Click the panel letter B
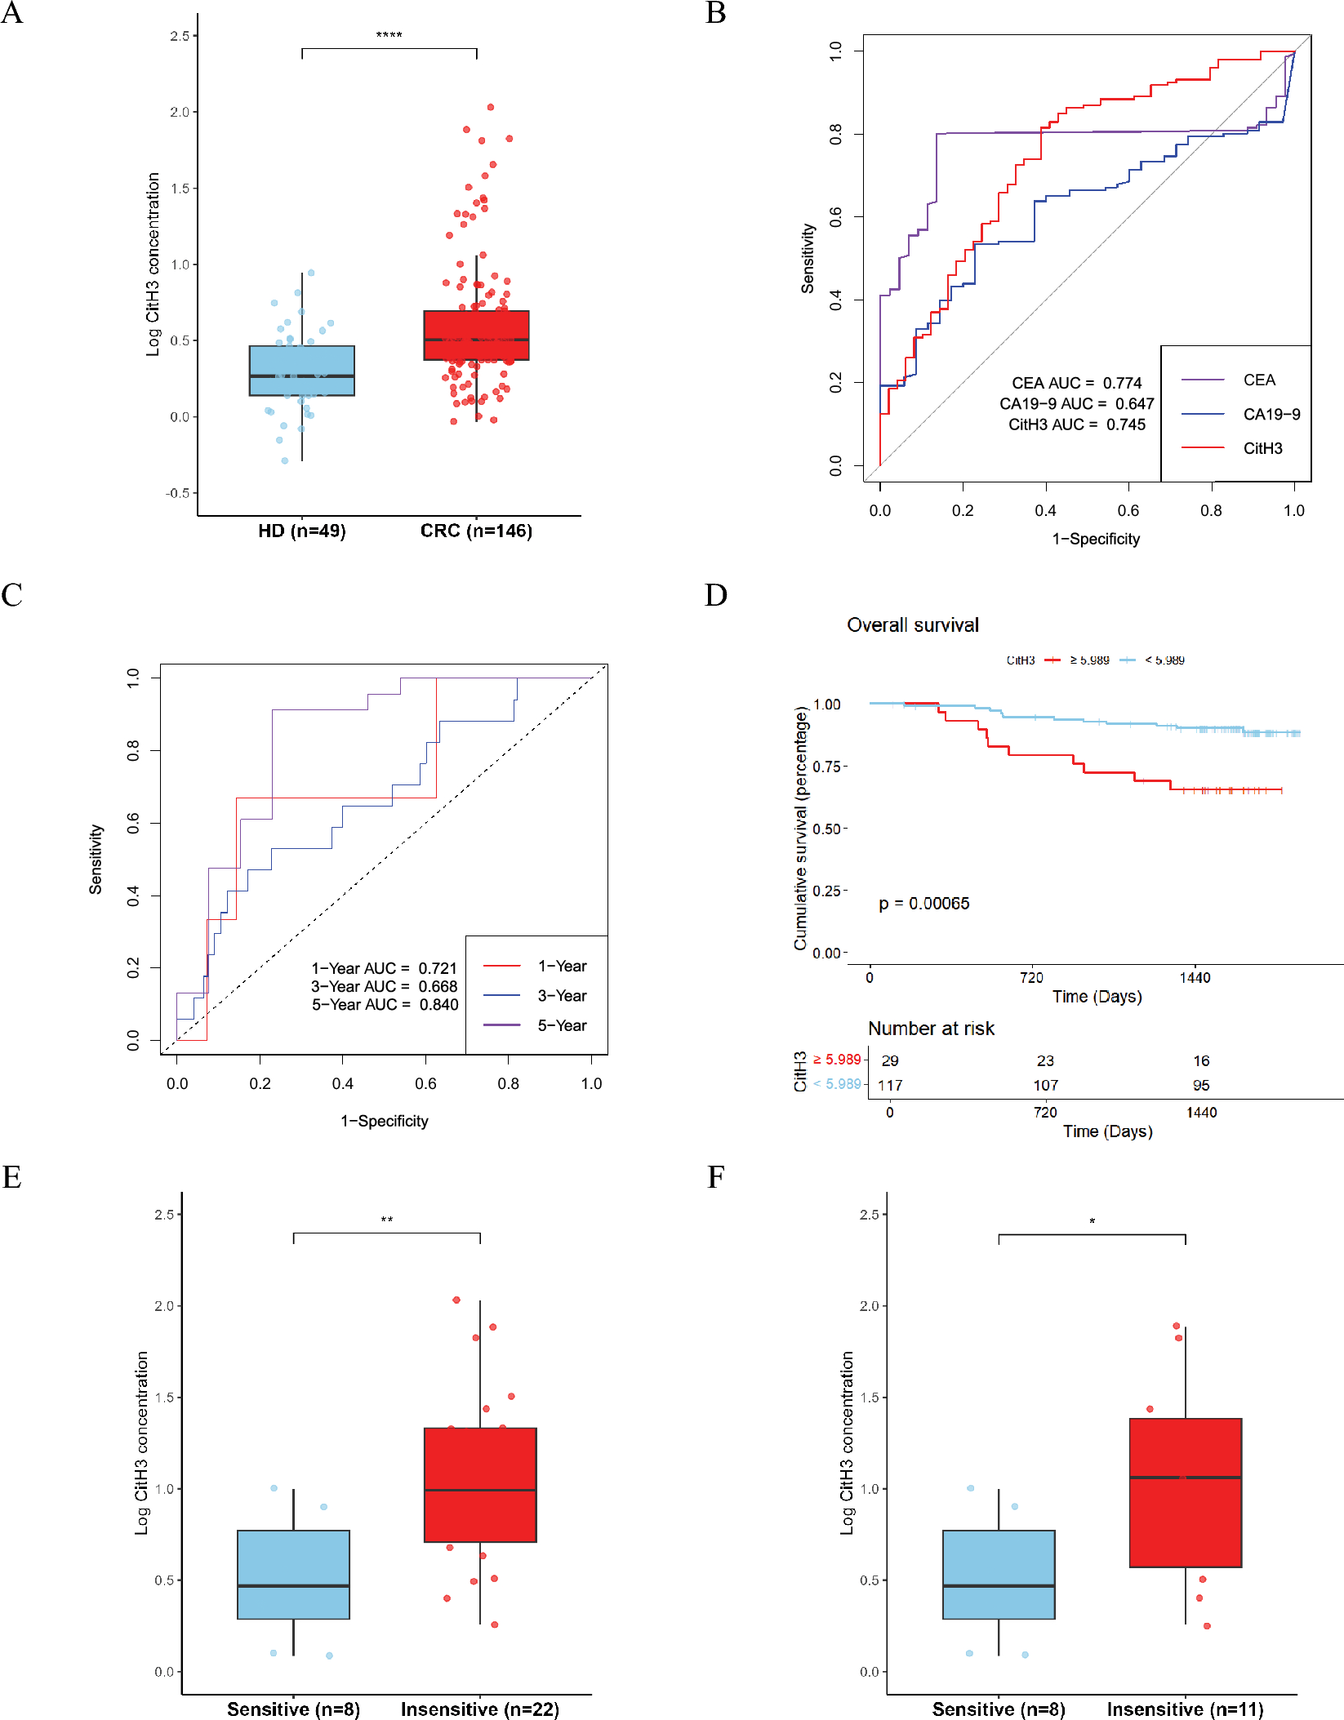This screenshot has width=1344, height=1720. [716, 13]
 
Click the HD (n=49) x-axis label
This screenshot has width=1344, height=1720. [301, 531]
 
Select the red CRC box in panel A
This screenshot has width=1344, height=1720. [476, 335]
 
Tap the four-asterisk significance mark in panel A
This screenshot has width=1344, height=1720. [389, 35]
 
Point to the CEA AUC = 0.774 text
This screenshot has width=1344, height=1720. [1076, 383]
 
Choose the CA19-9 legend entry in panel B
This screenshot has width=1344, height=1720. [1271, 415]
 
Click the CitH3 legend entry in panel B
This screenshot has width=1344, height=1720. [1262, 448]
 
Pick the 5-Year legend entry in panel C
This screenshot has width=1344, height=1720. [562, 1026]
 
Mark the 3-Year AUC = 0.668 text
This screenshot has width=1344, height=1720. [384, 987]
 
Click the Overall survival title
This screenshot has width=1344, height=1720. [912, 625]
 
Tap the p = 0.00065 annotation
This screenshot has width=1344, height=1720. [923, 904]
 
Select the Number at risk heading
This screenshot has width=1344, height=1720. [931, 1029]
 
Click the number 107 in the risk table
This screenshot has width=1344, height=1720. [1045, 1086]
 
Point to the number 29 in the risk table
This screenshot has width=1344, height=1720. [890, 1061]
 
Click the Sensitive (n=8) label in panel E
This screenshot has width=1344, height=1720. [293, 1709]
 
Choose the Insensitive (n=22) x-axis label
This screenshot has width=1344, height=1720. [479, 1709]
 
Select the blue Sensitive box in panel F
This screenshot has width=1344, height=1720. [999, 1574]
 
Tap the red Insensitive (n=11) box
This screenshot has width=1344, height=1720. [1185, 1492]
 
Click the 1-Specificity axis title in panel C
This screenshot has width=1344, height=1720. [384, 1122]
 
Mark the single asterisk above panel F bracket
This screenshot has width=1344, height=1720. [1092, 1221]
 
